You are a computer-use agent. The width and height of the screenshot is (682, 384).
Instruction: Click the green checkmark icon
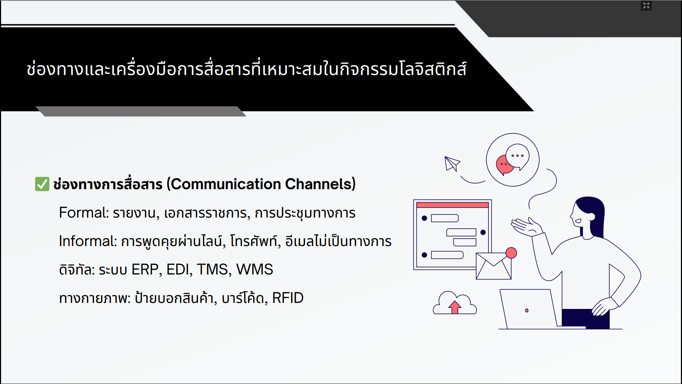42,184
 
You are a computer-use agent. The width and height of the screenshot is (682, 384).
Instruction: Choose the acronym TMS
212,270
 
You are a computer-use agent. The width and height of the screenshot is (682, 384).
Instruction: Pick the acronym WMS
255,270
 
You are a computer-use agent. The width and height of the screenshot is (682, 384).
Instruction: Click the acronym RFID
288,298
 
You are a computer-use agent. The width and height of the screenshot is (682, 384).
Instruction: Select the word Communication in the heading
226,184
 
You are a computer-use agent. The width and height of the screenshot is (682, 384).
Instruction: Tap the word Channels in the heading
318,184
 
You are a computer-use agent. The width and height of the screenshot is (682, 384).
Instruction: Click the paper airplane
452,164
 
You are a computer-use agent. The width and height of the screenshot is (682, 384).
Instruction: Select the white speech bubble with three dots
518,157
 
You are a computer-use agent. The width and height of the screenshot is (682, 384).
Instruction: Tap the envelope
493,266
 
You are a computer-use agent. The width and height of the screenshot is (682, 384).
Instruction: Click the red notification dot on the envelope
511,253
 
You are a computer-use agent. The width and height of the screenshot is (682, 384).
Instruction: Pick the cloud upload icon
455,303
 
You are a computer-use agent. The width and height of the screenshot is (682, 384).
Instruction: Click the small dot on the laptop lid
527,310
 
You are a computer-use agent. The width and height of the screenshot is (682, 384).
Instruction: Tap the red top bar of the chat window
452,205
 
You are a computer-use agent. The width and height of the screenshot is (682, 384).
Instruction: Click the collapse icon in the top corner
646,5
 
